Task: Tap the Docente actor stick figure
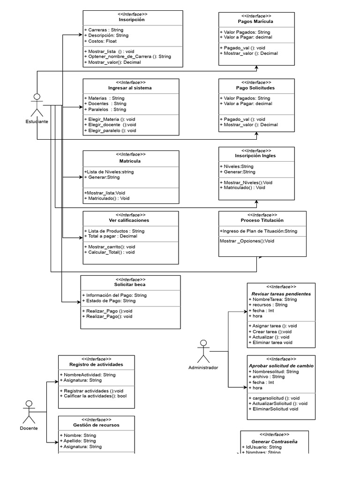[x=29, y=412]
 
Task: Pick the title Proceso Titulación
[x=262, y=220]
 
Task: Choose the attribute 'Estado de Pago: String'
[x=109, y=301]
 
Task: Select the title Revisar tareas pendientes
[x=281, y=293]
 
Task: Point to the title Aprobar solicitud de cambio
[x=281, y=366]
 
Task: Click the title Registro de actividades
[x=96, y=364]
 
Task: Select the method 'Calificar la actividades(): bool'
[x=97, y=396]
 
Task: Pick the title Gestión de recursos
[x=96, y=425]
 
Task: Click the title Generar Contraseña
[x=274, y=442]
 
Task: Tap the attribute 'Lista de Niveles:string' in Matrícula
[x=109, y=172]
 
